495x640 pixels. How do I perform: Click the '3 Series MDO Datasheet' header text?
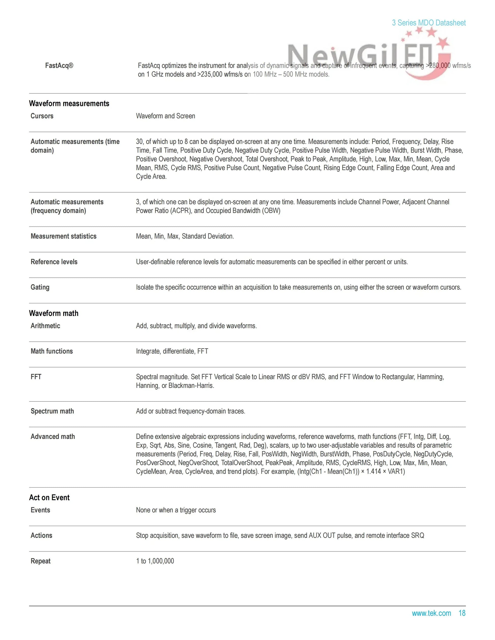[429, 23]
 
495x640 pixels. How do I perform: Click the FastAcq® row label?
[59, 66]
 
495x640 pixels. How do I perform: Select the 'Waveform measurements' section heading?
[69, 103]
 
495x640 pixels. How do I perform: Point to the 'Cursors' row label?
[42, 116]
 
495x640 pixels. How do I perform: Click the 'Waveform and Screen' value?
[165, 116]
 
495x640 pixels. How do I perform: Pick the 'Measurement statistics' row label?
[63, 236]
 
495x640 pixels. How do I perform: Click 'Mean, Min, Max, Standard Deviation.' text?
[185, 236]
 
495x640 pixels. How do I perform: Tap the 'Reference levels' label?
[54, 262]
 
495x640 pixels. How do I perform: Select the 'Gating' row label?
[40, 287]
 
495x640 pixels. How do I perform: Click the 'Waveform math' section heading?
[54, 313]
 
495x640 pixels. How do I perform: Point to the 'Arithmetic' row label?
[45, 326]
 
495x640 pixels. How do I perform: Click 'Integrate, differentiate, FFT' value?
[172, 351]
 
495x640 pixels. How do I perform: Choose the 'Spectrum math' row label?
[52, 411]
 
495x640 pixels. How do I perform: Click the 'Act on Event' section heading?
[49, 498]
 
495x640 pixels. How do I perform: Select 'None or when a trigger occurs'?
[176, 510]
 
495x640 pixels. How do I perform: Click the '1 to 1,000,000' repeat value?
[155, 561]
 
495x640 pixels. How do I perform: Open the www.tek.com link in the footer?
[431, 613]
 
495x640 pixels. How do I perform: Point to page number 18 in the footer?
[462, 613]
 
